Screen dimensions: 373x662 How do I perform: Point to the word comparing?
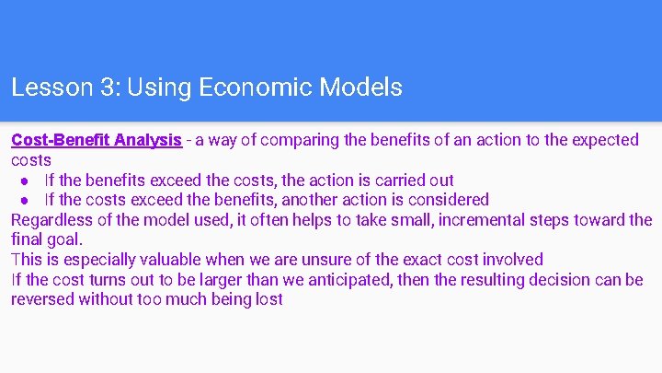click(x=296, y=140)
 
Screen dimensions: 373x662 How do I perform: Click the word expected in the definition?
click(x=606, y=140)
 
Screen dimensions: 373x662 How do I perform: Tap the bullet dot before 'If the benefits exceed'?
click(x=28, y=181)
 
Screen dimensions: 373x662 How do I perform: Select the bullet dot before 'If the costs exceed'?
click(x=28, y=200)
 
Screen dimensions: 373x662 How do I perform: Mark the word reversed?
click(x=42, y=299)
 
